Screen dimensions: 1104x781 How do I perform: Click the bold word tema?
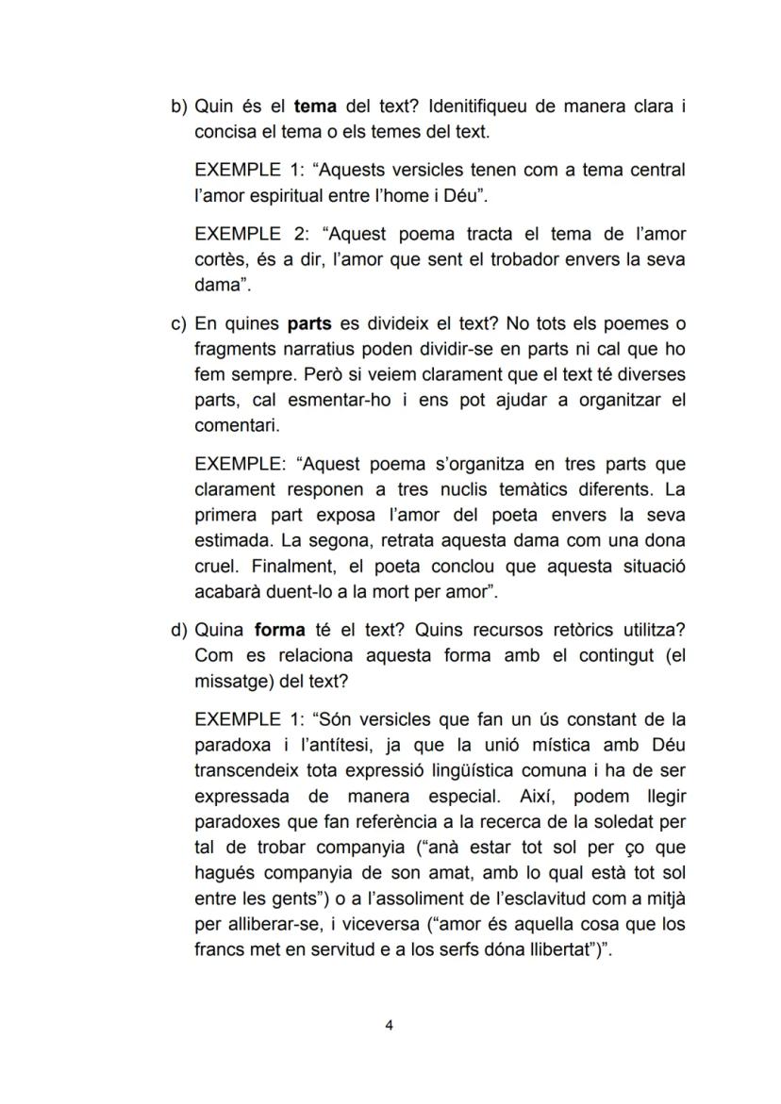click(x=315, y=107)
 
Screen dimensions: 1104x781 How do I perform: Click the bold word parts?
click(x=309, y=323)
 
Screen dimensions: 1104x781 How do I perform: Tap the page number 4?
click(x=390, y=1026)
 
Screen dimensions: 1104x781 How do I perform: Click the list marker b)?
click(x=179, y=107)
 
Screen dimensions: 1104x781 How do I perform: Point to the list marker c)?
click(x=179, y=323)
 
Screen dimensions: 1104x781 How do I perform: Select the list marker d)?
click(x=179, y=630)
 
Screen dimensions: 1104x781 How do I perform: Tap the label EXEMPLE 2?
click(x=250, y=234)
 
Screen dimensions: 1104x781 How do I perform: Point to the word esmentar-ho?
click(x=334, y=400)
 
